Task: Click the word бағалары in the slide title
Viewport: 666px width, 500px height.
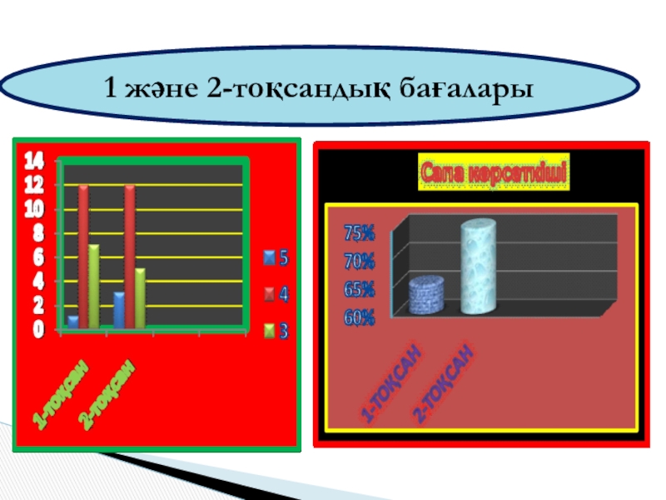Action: click(460, 87)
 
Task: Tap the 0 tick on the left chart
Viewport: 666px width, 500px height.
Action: click(37, 331)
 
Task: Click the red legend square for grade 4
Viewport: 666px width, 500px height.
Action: click(269, 294)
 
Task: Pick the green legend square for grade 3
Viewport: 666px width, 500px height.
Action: click(269, 331)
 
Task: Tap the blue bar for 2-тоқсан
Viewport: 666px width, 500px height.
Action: click(119, 309)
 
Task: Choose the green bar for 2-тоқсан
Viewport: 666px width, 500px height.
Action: click(140, 297)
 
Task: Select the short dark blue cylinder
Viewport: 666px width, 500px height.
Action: click(426, 295)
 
